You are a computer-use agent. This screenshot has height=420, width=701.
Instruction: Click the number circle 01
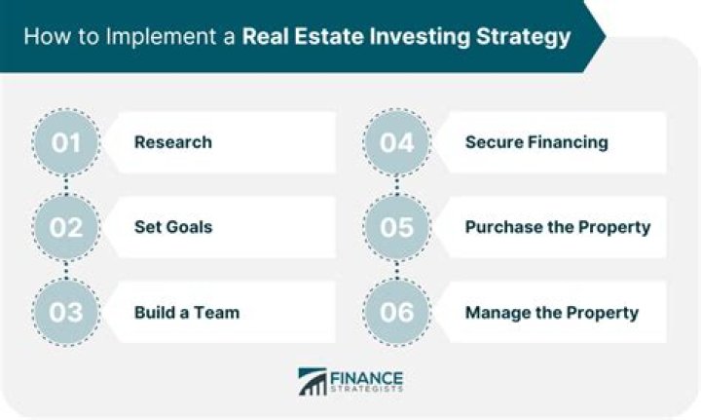tap(65, 142)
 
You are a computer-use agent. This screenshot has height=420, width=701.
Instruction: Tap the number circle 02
tap(65, 227)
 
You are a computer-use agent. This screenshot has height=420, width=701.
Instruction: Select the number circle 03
tap(65, 312)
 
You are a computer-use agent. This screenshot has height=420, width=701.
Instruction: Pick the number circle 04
tap(396, 142)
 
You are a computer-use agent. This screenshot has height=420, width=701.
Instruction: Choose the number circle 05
tap(396, 227)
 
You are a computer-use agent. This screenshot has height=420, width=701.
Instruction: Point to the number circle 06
tap(396, 312)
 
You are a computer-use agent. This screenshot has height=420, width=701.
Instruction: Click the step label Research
tap(172, 142)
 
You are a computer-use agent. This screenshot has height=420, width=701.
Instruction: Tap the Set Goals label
tap(172, 227)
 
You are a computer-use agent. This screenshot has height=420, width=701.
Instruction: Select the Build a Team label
tap(186, 313)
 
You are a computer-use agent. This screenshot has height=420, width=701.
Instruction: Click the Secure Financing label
tap(535, 142)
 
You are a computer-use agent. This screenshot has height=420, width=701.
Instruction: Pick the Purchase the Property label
tap(557, 227)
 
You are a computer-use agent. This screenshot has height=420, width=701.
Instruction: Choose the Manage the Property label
tap(551, 313)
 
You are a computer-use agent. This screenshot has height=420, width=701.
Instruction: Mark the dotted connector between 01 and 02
tap(65, 185)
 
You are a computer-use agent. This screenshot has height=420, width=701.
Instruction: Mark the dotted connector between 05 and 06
tap(396, 270)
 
